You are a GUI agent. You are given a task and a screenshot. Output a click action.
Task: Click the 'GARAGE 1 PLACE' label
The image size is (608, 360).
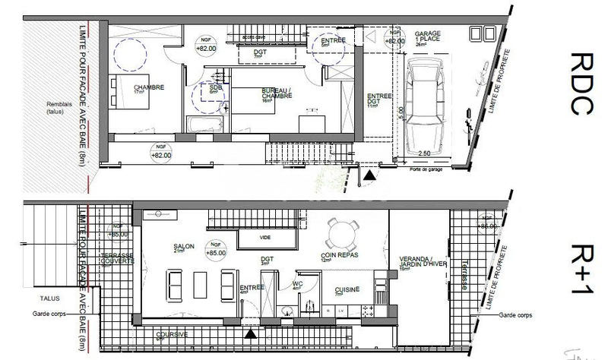click(x=428, y=38)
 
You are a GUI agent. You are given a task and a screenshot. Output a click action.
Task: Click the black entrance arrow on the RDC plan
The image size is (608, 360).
click(x=368, y=175)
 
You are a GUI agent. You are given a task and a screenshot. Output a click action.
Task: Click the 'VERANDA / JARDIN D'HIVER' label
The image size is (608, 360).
click(x=416, y=262)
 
